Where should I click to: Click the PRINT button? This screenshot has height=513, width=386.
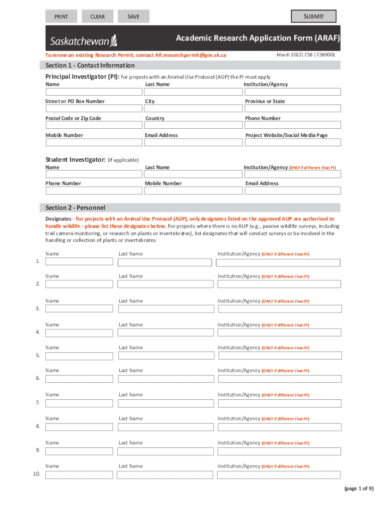pos(62,17)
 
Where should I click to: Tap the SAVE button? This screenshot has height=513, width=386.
pos(133,17)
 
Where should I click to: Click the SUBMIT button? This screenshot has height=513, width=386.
pos(313,17)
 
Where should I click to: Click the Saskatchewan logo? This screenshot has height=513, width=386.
pos(83,40)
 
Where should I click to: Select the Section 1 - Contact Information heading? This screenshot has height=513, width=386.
pos(90,66)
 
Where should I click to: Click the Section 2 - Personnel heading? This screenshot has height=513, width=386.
pos(75,208)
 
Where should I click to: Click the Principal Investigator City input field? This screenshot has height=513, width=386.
pos(192,108)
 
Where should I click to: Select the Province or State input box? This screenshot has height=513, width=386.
pos(293,108)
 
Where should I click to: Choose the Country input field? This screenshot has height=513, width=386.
pos(192,125)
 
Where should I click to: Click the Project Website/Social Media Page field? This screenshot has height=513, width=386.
pos(293,142)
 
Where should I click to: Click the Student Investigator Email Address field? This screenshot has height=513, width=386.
pos(293,190)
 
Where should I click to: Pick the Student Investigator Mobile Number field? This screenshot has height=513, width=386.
pos(192,190)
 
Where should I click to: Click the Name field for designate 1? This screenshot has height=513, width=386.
pos(79,262)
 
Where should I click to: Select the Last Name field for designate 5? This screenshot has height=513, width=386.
pos(165,356)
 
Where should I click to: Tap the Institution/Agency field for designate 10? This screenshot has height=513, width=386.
pos(279,474)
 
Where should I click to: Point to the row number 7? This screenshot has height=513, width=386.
pos(38,403)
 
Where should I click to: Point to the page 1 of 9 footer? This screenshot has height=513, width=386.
pos(358,488)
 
